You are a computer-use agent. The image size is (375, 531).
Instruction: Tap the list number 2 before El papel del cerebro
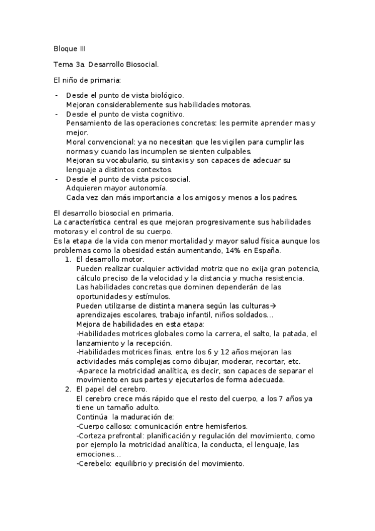[68, 389]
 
